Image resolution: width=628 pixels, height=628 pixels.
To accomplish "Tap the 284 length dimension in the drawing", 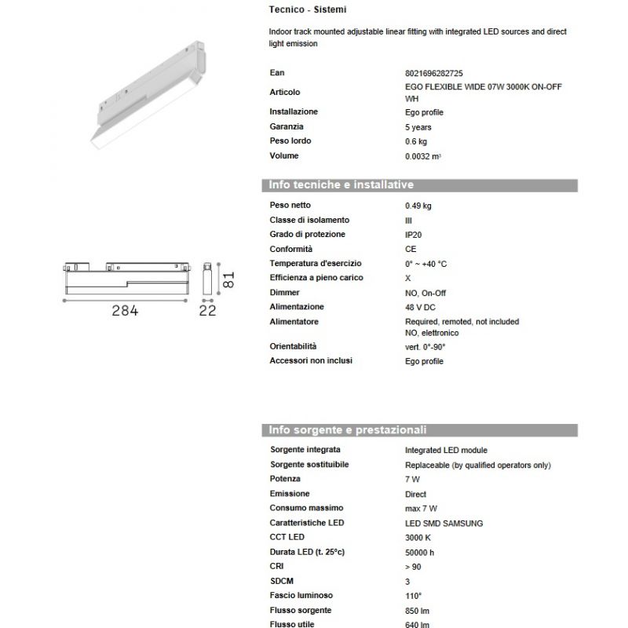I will pos(124,311).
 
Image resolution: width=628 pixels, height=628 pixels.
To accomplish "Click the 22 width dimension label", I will pos(207,311).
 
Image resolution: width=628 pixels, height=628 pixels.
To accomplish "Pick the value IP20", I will pos(413,235).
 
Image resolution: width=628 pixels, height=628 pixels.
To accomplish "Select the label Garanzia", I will pos(287,126).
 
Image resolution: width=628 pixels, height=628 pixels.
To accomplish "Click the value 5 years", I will pos(418,127).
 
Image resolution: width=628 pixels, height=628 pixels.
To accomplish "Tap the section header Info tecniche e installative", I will pos(341,185).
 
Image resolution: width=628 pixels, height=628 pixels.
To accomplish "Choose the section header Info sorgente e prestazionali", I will pos(348,430).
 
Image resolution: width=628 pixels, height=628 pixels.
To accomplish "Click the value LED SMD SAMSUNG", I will pos(444,523).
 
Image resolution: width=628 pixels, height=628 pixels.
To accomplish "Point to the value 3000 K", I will pos(418,538).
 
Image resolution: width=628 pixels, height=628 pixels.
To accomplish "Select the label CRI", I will pos(277,567).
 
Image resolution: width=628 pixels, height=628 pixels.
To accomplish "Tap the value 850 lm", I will pos(418,611).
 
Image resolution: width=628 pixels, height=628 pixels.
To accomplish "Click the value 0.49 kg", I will pos(418,206).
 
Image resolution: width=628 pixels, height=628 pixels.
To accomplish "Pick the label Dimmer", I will pos(285,292).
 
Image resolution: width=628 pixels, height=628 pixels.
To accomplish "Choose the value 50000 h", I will pos(421,553).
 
